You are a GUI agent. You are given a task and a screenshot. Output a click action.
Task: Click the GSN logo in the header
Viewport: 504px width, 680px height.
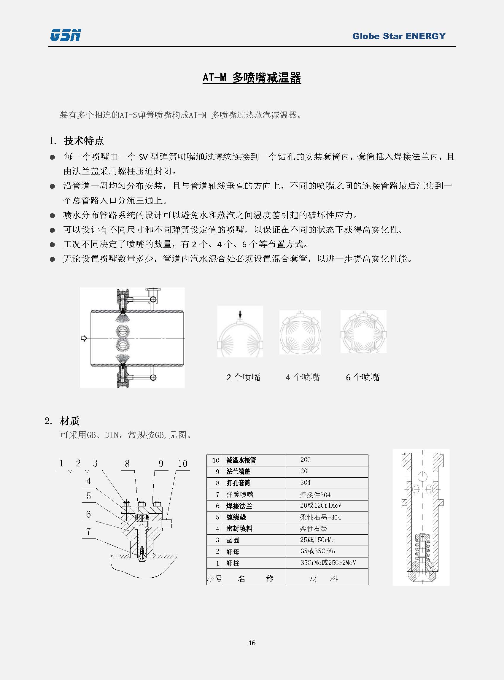[65, 35]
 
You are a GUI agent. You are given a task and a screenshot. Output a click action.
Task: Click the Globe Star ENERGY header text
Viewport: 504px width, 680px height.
[399, 36]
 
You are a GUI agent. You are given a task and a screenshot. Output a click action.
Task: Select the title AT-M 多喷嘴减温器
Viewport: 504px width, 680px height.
[252, 78]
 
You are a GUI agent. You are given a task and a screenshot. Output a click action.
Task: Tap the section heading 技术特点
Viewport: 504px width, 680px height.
[84, 141]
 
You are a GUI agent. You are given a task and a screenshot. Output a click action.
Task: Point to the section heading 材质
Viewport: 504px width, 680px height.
[69, 421]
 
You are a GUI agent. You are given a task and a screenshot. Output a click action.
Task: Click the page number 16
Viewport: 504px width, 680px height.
[252, 643]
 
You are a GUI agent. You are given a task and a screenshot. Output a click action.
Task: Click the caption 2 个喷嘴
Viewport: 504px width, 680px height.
[244, 377]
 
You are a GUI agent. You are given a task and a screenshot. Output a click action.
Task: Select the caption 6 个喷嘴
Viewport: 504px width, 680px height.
[363, 377]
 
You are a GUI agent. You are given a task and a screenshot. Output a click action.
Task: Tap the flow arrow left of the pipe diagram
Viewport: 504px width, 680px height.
[84, 338]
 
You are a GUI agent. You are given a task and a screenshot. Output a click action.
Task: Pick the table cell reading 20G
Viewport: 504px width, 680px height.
[305, 460]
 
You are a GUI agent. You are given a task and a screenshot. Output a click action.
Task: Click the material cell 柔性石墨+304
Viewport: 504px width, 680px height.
[320, 517]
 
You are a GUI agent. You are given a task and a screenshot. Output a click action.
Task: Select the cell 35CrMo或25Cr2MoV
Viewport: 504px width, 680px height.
[328, 563]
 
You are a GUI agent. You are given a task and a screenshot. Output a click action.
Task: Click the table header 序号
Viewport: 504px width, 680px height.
[214, 579]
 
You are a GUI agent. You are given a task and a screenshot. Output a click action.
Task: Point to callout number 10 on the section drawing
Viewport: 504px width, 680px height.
[182, 464]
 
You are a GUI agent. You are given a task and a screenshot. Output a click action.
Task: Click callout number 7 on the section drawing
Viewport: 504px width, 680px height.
[88, 532]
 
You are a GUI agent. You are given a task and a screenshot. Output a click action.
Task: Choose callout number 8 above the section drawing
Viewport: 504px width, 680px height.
[127, 464]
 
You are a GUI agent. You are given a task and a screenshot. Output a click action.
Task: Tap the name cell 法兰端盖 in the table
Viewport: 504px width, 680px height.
[238, 472]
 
